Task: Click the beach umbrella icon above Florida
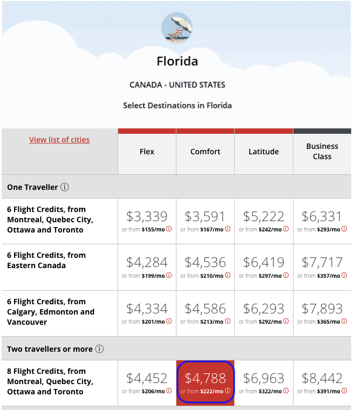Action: click(177, 28)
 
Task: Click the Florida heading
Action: click(177, 61)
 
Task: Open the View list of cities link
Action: click(59, 140)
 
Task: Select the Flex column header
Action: click(147, 152)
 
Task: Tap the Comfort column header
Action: click(205, 152)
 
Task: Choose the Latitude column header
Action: click(264, 152)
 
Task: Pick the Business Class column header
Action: click(322, 152)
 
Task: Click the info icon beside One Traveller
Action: click(65, 187)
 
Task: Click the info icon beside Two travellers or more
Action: click(99, 349)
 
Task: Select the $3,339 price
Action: click(147, 216)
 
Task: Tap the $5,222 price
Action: click(264, 216)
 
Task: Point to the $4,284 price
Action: click(147, 263)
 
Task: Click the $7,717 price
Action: click(322, 263)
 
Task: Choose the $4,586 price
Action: click(205, 309)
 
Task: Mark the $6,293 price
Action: click(264, 309)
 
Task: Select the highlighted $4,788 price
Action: click(205, 378)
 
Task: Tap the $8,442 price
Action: click(322, 378)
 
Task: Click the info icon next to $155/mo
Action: click(169, 229)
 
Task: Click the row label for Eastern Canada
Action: click(46, 260)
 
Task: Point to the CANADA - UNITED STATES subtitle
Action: click(177, 85)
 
